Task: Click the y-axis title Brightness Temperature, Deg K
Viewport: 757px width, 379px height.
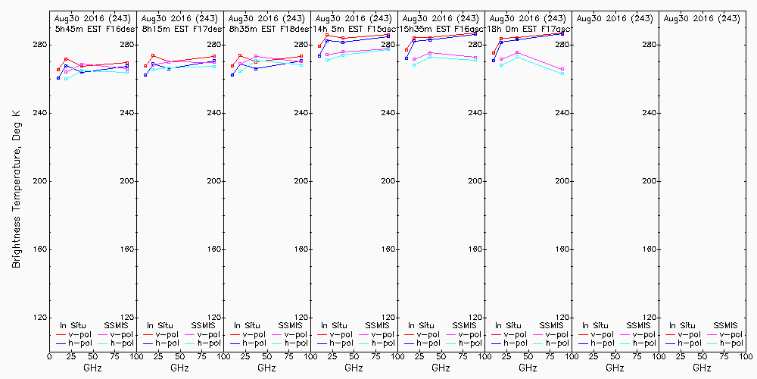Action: click(x=15, y=188)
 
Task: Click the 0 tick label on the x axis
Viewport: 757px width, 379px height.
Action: click(x=49, y=356)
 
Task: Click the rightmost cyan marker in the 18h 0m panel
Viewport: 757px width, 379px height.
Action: click(x=562, y=74)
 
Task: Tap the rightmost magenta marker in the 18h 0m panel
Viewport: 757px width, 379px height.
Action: click(x=562, y=69)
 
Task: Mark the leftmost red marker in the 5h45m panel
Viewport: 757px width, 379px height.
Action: click(x=58, y=70)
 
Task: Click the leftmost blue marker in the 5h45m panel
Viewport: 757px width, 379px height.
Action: click(x=58, y=78)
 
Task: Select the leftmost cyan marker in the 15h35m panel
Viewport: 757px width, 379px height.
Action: click(x=414, y=65)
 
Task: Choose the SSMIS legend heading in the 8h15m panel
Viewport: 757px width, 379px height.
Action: click(x=204, y=325)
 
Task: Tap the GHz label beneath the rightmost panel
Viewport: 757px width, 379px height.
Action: click(x=702, y=368)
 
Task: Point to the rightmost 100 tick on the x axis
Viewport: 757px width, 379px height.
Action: click(x=745, y=356)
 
